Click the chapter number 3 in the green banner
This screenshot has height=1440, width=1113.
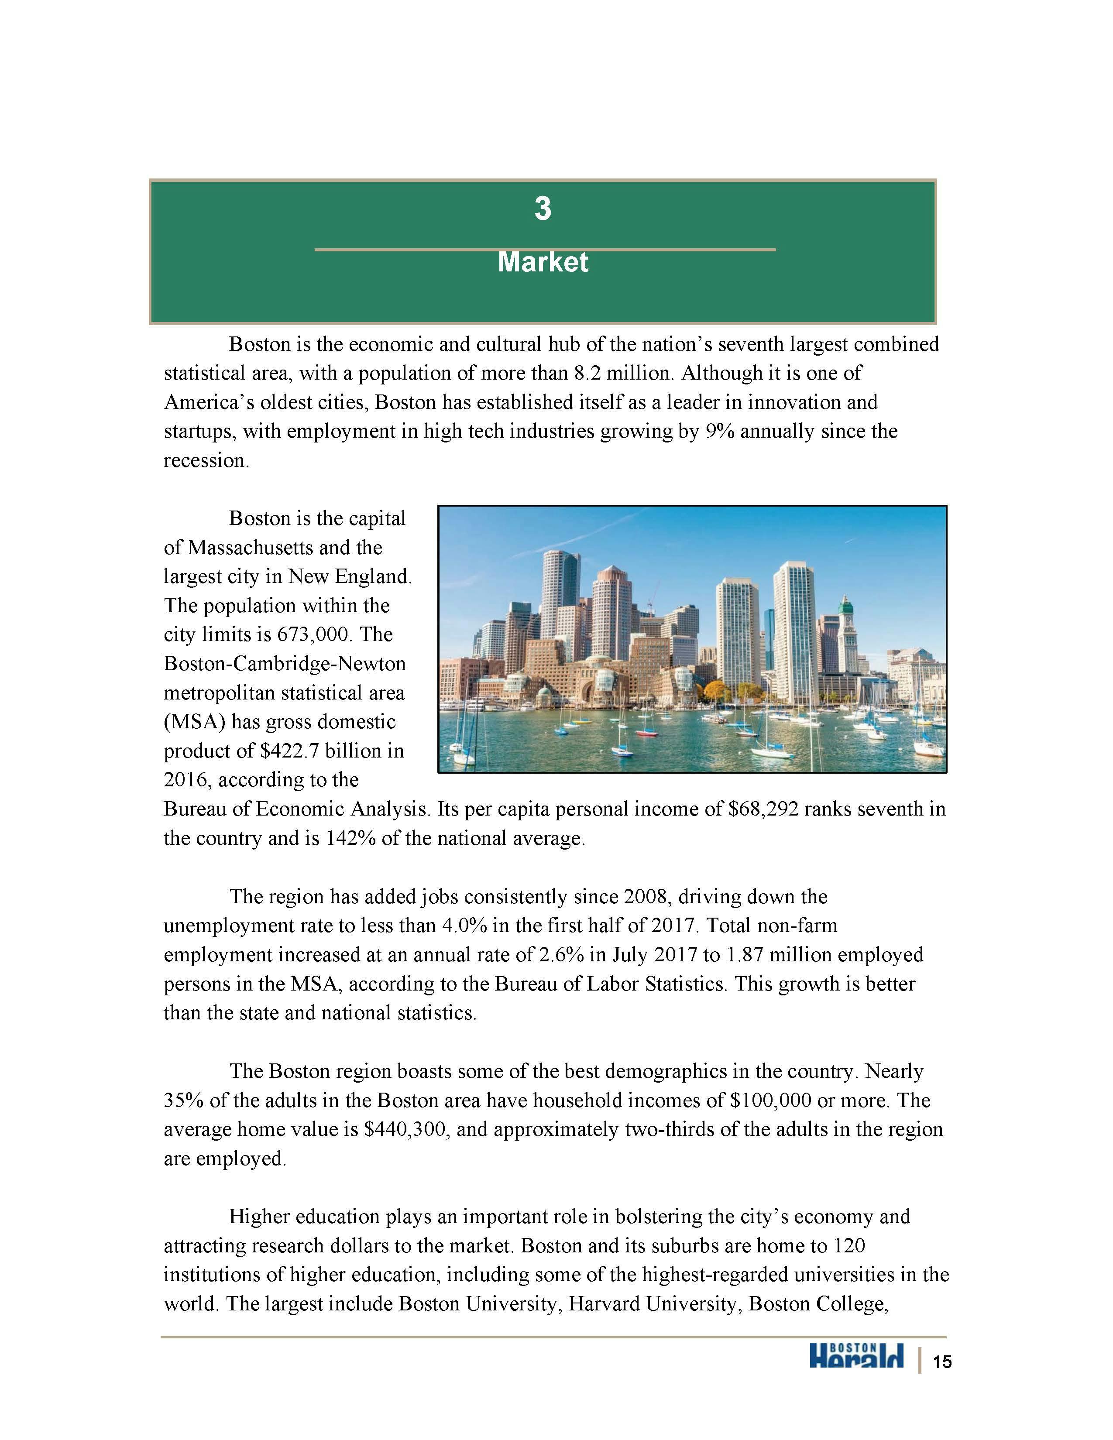542,209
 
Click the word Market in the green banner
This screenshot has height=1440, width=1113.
543,262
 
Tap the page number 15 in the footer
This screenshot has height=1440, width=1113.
942,1361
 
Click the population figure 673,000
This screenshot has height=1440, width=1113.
311,635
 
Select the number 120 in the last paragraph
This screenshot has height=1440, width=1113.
848,1247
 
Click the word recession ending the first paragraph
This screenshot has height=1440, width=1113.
205,461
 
